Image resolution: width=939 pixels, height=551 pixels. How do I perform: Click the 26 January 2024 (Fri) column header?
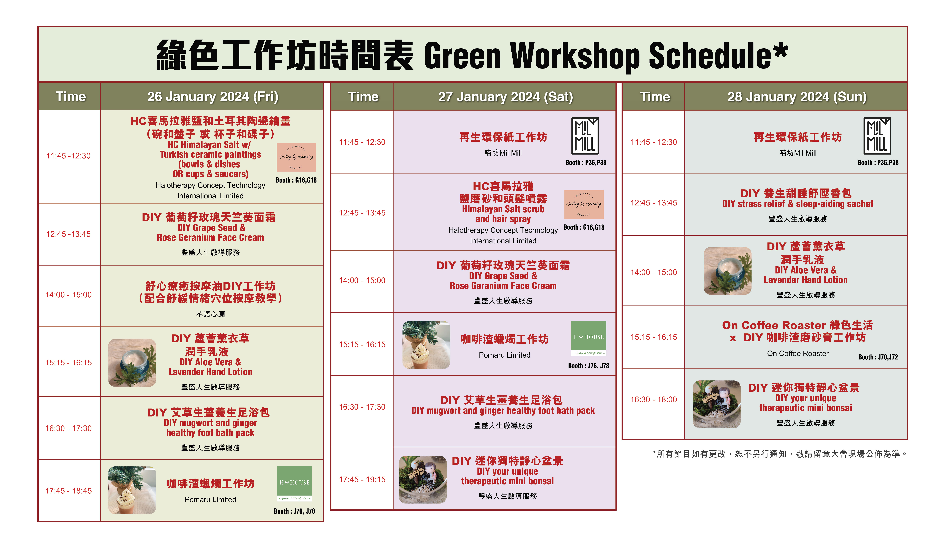pos(213,97)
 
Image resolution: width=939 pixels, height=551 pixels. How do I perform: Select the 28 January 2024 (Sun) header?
pos(797,97)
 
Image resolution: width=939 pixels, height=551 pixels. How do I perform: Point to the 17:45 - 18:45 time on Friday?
pos(69,491)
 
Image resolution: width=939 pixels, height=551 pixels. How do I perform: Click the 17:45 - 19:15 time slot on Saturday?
pos(362,479)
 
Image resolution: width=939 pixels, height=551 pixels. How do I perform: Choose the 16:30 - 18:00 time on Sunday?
pos(654,399)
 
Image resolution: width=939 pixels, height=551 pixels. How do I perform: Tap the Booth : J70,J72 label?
pos(878,357)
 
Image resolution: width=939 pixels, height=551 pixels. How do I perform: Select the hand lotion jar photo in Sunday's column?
pos(727,271)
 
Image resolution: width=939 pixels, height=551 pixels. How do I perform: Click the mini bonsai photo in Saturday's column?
pos(423,479)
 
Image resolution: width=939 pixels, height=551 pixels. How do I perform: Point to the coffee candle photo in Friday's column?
pos(132,490)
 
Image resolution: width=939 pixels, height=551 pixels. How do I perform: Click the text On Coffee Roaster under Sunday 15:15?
pos(798,353)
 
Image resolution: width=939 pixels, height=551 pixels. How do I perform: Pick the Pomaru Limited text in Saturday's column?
pos(505,355)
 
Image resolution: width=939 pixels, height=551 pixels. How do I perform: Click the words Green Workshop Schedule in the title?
pos(606,56)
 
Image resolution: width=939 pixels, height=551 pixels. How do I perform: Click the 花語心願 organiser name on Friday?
pos(210,314)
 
